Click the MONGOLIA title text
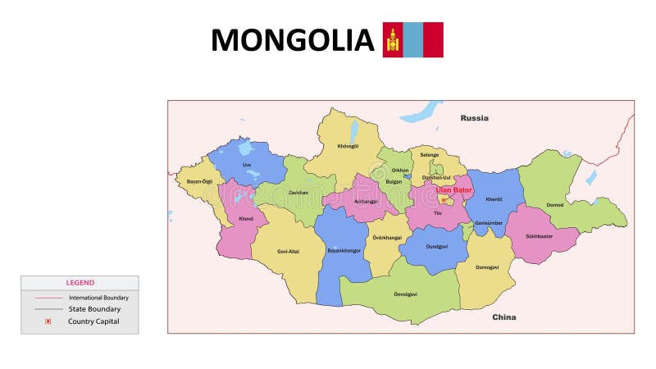(292, 40)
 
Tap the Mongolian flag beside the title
(412, 39)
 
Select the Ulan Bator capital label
(453, 190)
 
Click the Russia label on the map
(474, 118)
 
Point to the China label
(503, 317)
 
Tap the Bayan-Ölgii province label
(199, 181)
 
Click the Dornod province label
(555, 205)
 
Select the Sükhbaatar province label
(539, 236)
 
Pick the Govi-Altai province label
(288, 251)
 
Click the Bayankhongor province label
(344, 250)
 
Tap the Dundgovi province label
(437, 246)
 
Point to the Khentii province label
(494, 199)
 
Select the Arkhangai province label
(365, 201)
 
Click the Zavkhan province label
(298, 192)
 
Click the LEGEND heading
(80, 283)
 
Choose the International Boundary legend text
(98, 298)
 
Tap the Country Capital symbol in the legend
(48, 321)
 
